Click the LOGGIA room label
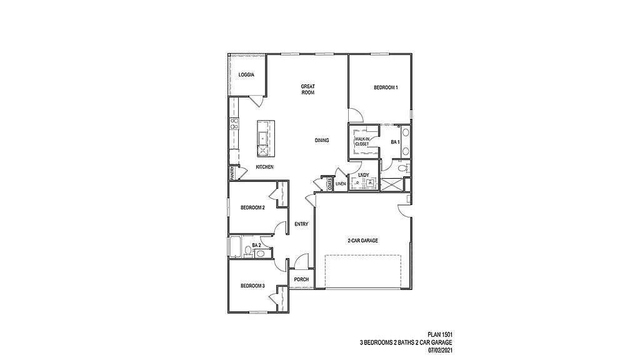tap(246, 75)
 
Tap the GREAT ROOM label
tap(307, 89)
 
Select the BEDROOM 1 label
tap(386, 88)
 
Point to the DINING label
tap(322, 141)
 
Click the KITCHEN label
tap(264, 167)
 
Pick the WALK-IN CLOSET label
tap(362, 141)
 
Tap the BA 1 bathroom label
tap(395, 142)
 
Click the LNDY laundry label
tap(364, 175)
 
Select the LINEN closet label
tap(341, 184)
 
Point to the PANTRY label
tap(232, 172)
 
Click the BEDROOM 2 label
tap(253, 207)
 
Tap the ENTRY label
tap(301, 224)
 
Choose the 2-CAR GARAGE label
tap(363, 241)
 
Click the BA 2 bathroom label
tap(256, 245)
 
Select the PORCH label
tap(301, 279)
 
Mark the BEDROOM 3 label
tap(253, 286)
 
